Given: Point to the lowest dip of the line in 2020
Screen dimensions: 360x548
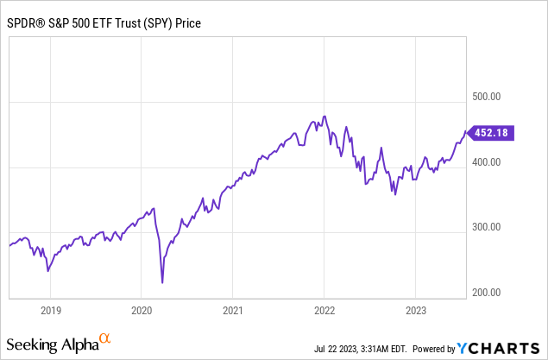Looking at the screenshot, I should (x=162, y=282).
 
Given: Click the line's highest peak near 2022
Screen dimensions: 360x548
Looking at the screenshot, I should (x=324, y=116).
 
